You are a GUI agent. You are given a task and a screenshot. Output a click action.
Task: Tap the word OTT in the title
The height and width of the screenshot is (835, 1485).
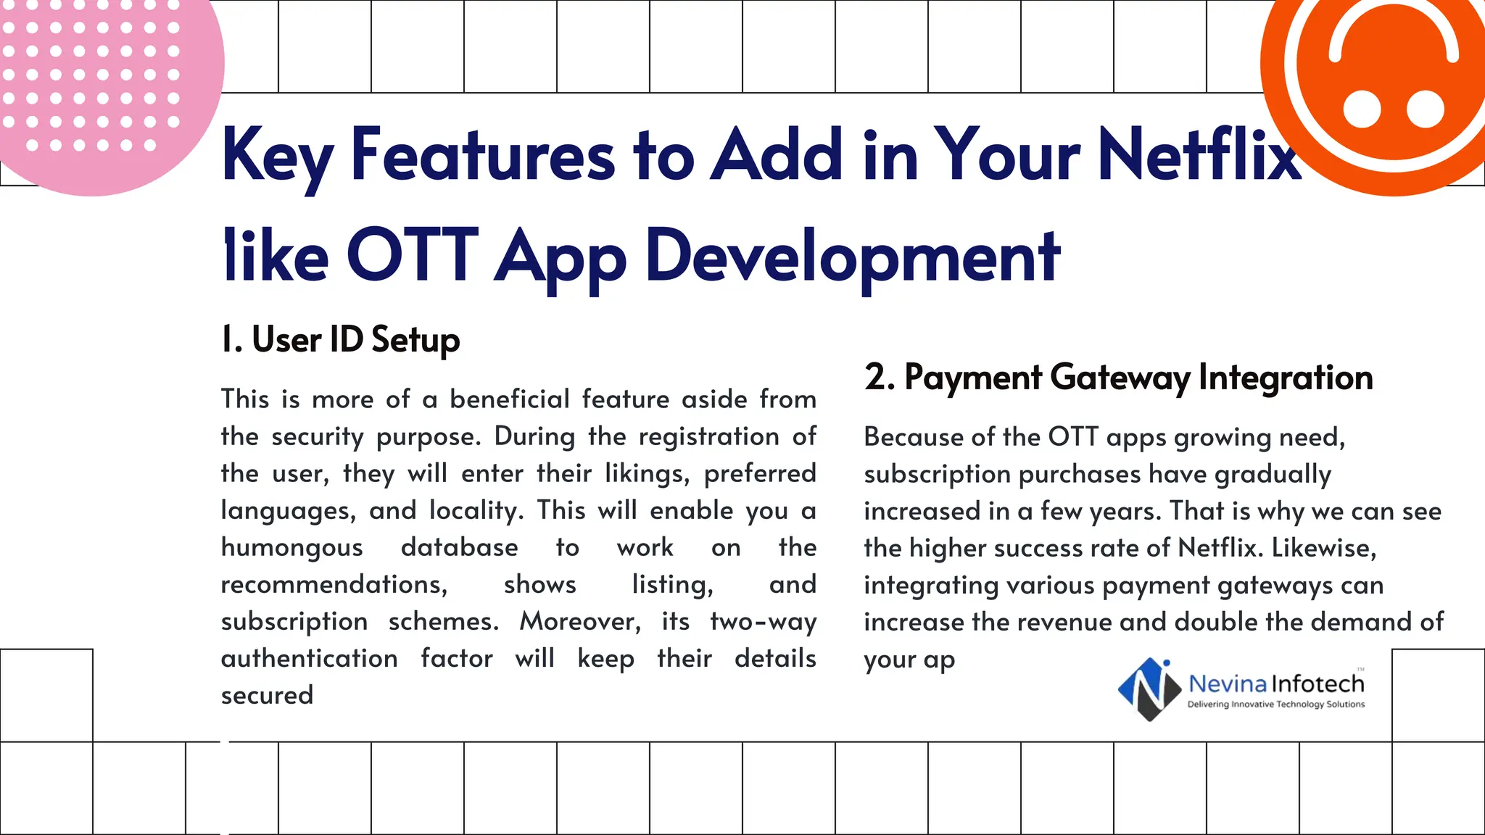tap(412, 256)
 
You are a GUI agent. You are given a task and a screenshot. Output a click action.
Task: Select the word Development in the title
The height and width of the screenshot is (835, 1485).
tap(853, 256)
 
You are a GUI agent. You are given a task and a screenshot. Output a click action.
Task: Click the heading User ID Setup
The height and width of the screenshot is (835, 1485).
tap(341, 339)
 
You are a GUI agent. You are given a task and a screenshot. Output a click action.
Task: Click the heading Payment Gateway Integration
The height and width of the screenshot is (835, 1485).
tap(1118, 378)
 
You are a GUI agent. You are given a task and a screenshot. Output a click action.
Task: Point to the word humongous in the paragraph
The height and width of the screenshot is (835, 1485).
tap(291, 548)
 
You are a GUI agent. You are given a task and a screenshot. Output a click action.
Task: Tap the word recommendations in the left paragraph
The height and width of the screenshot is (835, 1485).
tap(334, 585)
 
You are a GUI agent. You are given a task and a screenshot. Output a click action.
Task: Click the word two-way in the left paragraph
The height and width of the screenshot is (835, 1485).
tap(763, 622)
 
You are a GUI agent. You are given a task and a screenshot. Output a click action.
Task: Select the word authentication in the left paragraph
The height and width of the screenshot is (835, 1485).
tap(309, 659)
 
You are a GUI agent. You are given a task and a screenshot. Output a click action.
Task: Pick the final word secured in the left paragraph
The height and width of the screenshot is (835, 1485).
tap(267, 696)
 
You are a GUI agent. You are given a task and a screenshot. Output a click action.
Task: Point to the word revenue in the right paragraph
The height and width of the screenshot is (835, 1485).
tap(1066, 623)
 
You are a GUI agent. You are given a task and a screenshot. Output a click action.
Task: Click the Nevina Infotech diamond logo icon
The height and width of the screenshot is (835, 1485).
tap(1149, 689)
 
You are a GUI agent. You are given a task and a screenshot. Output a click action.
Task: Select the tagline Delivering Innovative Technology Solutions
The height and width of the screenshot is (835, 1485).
tap(1275, 705)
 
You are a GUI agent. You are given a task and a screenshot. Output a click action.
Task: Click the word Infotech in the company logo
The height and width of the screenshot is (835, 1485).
tap(1318, 684)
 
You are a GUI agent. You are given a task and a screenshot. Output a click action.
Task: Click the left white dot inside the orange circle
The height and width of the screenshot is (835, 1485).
tap(1362, 109)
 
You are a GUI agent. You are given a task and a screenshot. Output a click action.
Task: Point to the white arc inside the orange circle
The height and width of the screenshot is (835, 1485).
tap(1393, 29)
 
